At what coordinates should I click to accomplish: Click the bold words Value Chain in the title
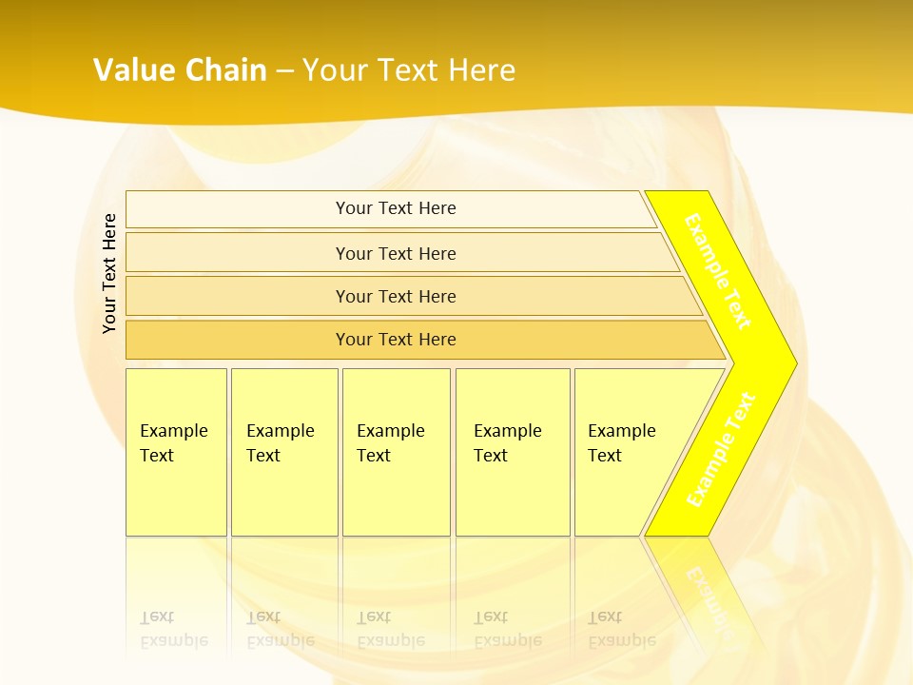pos(180,69)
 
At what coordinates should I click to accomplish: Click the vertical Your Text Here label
pos(109,273)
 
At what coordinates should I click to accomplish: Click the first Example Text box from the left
pos(176,452)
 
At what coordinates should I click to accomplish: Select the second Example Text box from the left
pos(283,452)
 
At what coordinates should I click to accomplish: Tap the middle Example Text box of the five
pos(396,452)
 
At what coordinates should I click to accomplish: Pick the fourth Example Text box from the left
pos(512,452)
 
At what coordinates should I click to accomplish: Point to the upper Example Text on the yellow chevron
pos(718,271)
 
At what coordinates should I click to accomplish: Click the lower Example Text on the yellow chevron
pos(721,449)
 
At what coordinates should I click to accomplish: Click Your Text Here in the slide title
pos(409,69)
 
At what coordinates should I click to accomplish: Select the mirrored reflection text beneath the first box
pos(173,629)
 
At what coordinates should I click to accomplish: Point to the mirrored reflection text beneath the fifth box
pos(621,629)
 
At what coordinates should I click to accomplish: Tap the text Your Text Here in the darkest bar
pos(396,340)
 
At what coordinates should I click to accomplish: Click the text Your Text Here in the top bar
pos(396,208)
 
